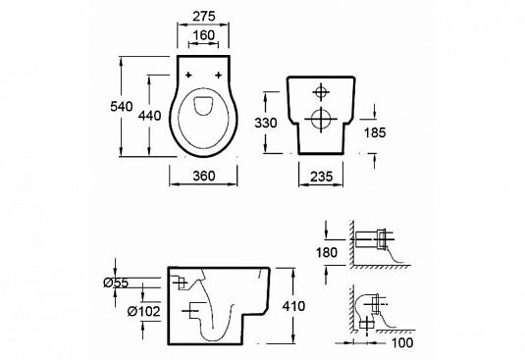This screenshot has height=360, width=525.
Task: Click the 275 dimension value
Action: pyautogui.click(x=204, y=16)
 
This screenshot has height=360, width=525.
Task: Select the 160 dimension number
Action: pyautogui.click(x=204, y=35)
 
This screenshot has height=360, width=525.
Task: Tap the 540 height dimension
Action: pyautogui.click(x=122, y=106)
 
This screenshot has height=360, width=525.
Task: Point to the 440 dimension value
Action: pyautogui.click(x=150, y=116)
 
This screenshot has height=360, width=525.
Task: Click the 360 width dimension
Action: pyautogui.click(x=204, y=176)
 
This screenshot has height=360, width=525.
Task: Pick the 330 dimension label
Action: pyautogui.click(x=266, y=123)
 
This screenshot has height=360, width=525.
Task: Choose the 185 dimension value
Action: pyautogui.click(x=375, y=132)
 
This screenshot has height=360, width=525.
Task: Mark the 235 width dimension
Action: pyautogui.click(x=321, y=177)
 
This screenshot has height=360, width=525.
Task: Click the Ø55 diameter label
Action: pyautogui.click(x=116, y=283)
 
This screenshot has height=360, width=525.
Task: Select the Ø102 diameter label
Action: pyautogui.click(x=144, y=312)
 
